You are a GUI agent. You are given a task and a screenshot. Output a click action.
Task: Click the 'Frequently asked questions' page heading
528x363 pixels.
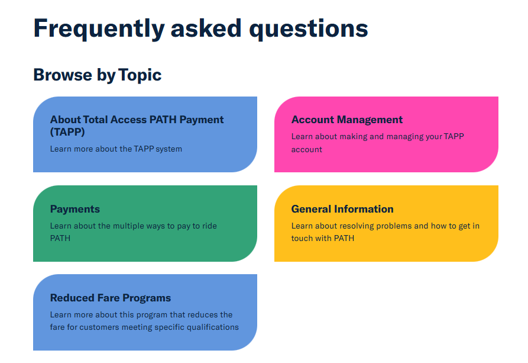click(x=200, y=29)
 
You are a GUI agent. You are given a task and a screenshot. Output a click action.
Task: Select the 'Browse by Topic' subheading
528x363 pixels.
click(x=98, y=75)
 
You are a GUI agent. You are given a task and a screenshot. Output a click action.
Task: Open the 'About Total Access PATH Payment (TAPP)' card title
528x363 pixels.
click(x=137, y=126)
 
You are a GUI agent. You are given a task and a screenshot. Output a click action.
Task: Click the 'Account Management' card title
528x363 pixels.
click(x=347, y=120)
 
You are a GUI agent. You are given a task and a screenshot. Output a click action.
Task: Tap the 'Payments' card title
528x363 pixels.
click(x=74, y=209)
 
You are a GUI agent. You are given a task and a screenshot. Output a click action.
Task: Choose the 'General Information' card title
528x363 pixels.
click(x=342, y=209)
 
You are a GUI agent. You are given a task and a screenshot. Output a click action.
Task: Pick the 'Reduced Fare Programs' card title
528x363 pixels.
click(x=111, y=298)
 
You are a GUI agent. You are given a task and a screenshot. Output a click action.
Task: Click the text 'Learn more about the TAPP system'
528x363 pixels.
click(x=116, y=149)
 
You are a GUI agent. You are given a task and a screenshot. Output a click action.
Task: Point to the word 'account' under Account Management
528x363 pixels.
click(x=307, y=149)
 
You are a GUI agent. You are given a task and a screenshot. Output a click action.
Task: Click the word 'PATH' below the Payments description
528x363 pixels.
click(x=60, y=238)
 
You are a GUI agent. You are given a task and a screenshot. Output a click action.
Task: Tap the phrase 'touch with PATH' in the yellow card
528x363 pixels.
click(x=323, y=238)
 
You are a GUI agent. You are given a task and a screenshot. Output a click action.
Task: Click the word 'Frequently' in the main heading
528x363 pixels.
click(x=99, y=29)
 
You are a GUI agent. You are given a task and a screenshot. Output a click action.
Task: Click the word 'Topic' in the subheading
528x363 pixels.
click(x=140, y=75)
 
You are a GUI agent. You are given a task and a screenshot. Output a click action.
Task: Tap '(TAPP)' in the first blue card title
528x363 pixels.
click(x=67, y=132)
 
